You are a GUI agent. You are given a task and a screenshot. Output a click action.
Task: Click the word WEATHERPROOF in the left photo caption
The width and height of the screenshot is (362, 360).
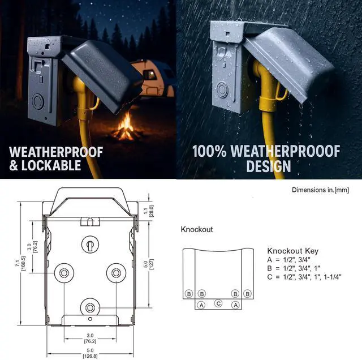tap(56, 152)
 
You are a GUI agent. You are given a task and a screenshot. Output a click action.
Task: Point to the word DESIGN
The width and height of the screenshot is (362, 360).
tap(268, 166)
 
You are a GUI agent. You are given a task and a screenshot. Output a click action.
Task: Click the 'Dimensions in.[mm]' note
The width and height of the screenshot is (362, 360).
tap(320, 190)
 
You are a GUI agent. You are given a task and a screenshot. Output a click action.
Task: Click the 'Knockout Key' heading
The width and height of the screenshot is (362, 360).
tap(292, 251)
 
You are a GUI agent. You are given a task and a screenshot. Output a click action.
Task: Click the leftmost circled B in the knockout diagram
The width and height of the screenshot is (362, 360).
tap(188, 294)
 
